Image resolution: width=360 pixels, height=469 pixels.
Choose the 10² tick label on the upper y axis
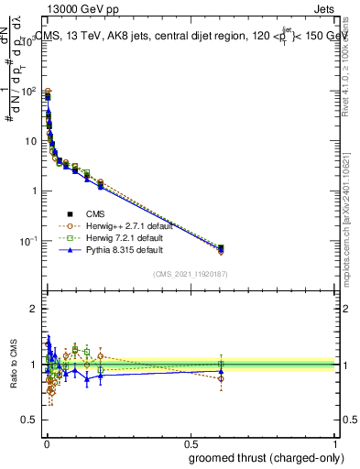tap(30, 92)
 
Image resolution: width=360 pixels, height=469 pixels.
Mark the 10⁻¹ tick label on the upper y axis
tap(29, 241)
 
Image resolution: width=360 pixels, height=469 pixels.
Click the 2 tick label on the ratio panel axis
tap(35, 310)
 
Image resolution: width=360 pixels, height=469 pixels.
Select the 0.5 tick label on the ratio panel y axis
tap(30, 420)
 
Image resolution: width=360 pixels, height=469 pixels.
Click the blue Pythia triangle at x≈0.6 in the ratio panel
tap(221, 372)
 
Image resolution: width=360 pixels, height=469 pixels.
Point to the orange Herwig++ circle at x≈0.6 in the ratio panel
tap(221, 377)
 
